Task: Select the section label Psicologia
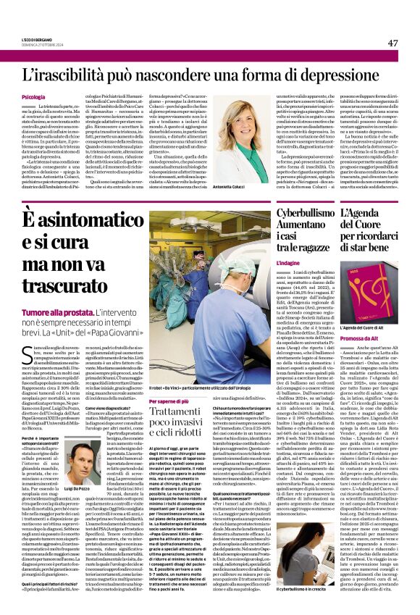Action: click(x=34, y=96)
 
